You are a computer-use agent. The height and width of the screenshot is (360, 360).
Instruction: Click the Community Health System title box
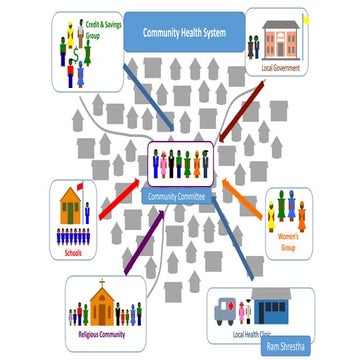[185, 32]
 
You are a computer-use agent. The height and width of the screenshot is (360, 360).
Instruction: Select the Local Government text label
[279, 67]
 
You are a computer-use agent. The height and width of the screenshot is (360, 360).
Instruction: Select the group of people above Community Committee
[180, 164]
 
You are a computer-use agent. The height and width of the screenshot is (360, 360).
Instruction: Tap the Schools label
[72, 252]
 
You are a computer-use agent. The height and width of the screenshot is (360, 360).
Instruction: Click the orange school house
[70, 206]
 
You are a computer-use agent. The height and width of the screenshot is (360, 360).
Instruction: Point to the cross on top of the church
[101, 283]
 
